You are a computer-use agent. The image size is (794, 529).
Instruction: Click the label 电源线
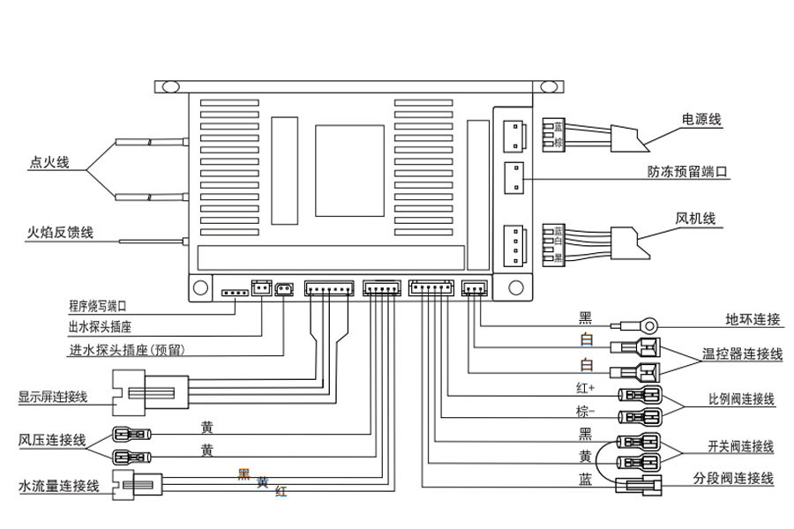click(x=701, y=119)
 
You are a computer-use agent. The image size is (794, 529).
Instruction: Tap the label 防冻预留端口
click(x=686, y=171)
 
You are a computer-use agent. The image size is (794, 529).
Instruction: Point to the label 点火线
click(x=49, y=162)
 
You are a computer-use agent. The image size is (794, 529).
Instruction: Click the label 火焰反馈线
click(x=60, y=234)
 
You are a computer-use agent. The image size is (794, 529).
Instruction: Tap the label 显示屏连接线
click(x=53, y=397)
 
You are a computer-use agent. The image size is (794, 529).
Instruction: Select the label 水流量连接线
click(x=58, y=486)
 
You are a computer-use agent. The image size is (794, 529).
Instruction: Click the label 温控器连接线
click(x=742, y=354)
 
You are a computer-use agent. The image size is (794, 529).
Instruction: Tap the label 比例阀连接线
click(x=741, y=399)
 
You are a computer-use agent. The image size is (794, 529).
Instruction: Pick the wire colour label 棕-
click(x=585, y=412)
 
